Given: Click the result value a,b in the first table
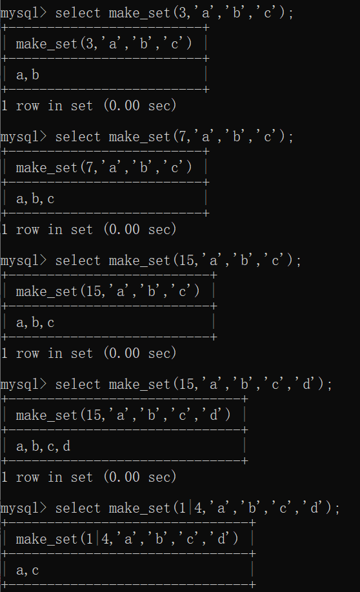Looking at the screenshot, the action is click(28, 75).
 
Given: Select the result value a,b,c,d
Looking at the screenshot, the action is click(43, 447).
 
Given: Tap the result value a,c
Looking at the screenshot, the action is click(28, 571).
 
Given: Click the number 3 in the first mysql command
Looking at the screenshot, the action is click(183, 13).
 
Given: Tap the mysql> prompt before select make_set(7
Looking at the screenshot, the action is click(23, 137).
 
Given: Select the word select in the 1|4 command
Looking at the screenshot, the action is click(78, 508).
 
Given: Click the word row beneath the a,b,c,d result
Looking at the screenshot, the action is click(28, 478).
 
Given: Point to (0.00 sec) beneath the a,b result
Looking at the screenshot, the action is click(140, 105).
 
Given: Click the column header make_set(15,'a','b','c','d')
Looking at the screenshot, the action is click(123, 415).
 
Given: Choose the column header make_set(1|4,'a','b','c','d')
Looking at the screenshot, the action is click(127, 539).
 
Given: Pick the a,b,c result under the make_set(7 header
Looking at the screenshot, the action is click(35, 199).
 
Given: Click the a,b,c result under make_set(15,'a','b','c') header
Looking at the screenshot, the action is click(35, 323).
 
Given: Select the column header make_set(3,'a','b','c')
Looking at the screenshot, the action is click(104, 44).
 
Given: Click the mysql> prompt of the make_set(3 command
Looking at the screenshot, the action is click(23, 13).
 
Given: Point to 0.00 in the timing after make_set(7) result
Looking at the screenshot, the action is click(122, 229).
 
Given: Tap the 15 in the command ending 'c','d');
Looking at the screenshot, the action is click(186, 384).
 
